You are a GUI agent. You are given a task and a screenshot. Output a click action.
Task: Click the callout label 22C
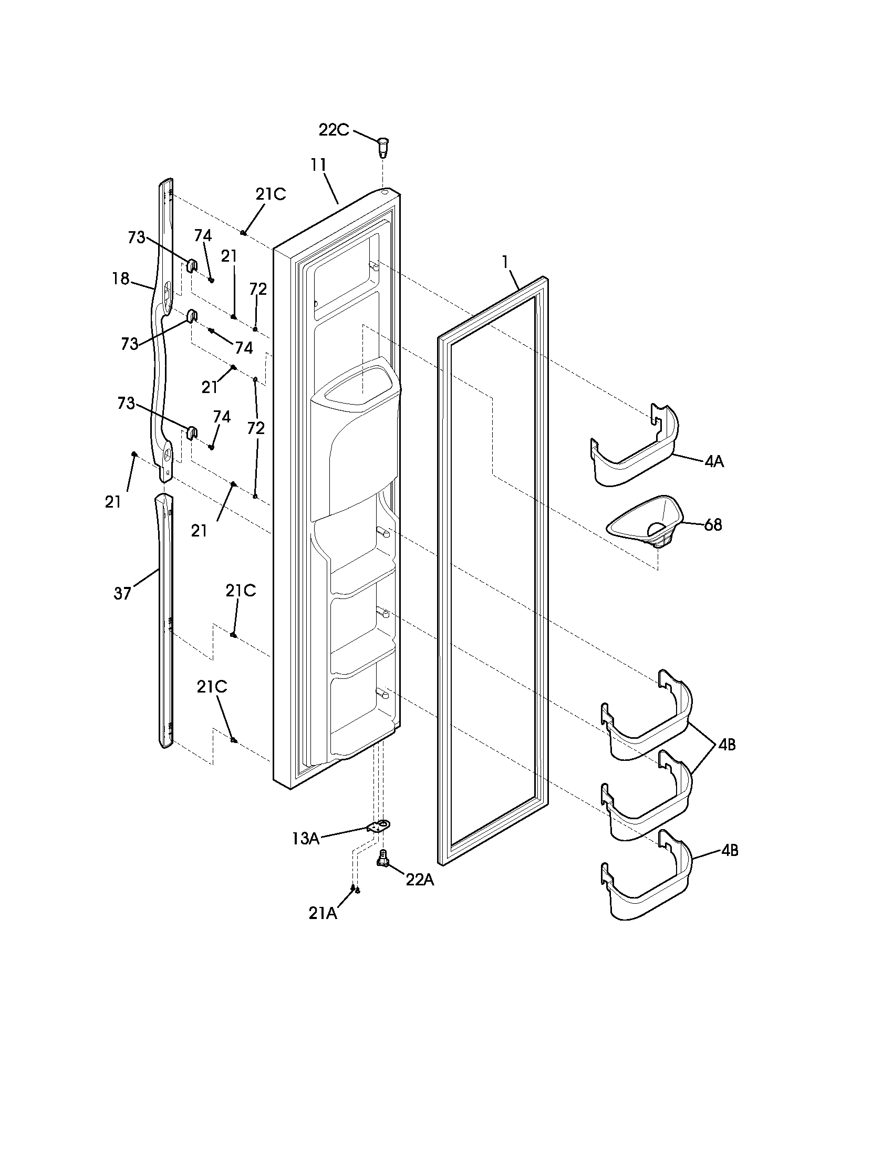click(333, 130)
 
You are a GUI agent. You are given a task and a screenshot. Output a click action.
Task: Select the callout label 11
click(318, 165)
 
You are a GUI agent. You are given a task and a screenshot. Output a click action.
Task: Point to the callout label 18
click(121, 278)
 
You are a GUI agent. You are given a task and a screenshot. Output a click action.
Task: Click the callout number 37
click(122, 594)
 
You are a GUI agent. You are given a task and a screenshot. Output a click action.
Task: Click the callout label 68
click(713, 525)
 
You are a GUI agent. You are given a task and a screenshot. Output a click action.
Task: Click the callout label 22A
click(420, 880)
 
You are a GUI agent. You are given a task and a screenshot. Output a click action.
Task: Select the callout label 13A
click(305, 839)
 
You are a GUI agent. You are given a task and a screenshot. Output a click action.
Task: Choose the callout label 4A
click(714, 461)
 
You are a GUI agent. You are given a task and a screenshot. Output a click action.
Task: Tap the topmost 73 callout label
click(137, 238)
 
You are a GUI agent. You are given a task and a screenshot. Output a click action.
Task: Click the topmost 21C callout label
click(271, 195)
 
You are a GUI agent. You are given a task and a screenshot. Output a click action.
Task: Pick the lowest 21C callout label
click(212, 687)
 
